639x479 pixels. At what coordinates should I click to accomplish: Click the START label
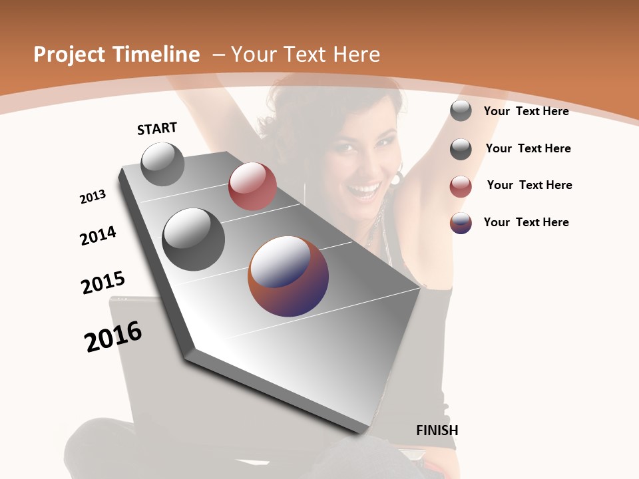(x=157, y=128)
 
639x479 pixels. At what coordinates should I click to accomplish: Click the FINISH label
(x=437, y=430)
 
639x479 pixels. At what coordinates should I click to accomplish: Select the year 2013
(x=93, y=197)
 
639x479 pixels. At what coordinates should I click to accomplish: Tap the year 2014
(x=98, y=236)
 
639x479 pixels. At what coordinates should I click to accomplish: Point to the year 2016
(x=113, y=337)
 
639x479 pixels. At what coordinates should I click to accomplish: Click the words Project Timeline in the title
(x=116, y=55)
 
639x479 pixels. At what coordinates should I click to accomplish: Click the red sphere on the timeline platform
(x=252, y=186)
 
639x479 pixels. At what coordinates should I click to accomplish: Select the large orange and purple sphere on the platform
(x=288, y=276)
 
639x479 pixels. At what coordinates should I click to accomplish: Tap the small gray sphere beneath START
(x=162, y=164)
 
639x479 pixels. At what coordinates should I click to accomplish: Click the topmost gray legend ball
(x=461, y=110)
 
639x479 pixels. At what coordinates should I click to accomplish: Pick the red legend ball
(x=461, y=186)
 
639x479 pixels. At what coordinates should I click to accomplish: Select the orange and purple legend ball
(x=461, y=223)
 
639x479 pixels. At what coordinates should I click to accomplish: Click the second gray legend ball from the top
(x=461, y=149)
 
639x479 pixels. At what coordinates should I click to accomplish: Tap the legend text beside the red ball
(x=529, y=185)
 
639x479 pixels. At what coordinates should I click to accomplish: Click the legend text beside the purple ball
(x=526, y=222)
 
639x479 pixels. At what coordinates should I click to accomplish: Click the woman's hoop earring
(x=398, y=178)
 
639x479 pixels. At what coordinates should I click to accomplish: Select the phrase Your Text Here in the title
(x=305, y=55)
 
